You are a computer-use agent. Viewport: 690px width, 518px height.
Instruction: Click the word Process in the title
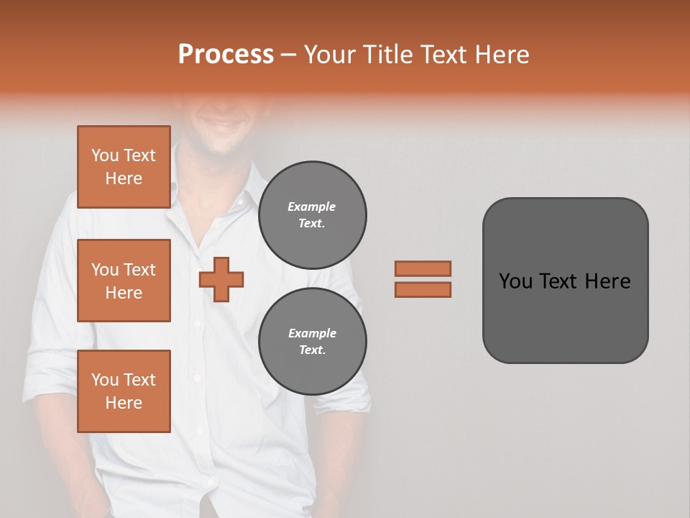click(x=226, y=55)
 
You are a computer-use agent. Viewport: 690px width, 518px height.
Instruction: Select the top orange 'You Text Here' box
click(x=124, y=167)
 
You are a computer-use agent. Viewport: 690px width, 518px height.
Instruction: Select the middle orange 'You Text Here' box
click(x=124, y=281)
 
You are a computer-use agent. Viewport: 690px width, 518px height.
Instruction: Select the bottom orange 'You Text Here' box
click(x=124, y=391)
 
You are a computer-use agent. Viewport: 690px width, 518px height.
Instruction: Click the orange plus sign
click(x=221, y=279)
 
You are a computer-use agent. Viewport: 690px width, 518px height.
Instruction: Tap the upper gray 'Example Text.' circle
click(x=312, y=214)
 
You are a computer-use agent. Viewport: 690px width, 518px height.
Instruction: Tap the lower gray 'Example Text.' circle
click(x=312, y=341)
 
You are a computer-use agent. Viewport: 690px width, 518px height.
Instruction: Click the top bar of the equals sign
click(x=423, y=268)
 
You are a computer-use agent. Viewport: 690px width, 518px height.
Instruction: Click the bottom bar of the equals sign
click(x=423, y=289)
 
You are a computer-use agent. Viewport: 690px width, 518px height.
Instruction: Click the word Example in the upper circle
click(x=311, y=206)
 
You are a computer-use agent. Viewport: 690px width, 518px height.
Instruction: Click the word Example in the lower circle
click(x=312, y=333)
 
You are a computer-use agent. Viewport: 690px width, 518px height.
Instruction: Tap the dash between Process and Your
click(x=289, y=55)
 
